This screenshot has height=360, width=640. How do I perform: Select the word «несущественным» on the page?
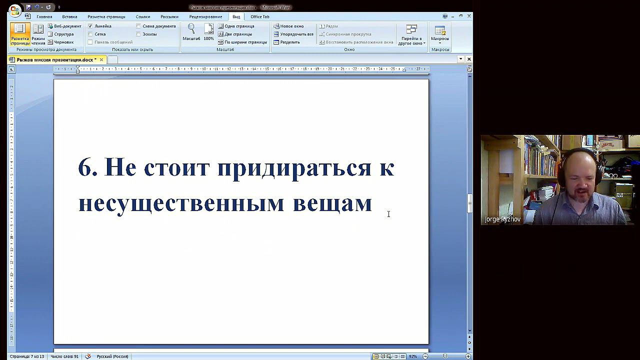click(x=181, y=203)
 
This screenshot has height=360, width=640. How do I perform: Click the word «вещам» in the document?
click(x=332, y=203)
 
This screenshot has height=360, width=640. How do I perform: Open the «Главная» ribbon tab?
click(x=44, y=16)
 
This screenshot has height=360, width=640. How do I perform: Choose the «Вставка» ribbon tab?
click(x=69, y=16)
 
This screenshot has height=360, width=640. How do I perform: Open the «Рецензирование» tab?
click(x=205, y=16)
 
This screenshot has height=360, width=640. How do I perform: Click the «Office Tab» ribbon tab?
click(x=259, y=16)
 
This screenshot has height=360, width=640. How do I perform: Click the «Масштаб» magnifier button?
click(x=191, y=32)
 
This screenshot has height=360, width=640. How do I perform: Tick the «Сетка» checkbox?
click(x=90, y=34)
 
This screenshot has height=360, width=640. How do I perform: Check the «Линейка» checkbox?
click(x=90, y=26)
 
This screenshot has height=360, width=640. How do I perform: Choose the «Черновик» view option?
click(x=63, y=42)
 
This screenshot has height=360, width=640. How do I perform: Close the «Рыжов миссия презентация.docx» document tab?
click(x=101, y=59)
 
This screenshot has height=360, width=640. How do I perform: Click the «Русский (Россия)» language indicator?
click(x=112, y=356)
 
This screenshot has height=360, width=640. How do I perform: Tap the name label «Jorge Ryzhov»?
click(x=502, y=219)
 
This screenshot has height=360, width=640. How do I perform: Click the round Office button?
click(x=15, y=9)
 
